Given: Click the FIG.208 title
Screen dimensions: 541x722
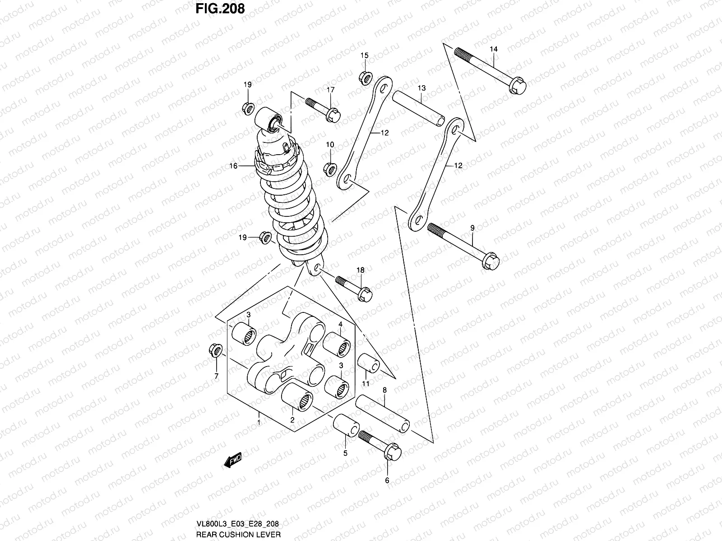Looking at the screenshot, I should click(x=220, y=8).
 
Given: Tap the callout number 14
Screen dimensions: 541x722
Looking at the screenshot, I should click(x=493, y=49).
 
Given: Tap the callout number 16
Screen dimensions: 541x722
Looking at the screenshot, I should click(x=233, y=166).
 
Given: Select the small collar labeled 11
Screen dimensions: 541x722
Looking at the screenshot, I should click(x=368, y=363).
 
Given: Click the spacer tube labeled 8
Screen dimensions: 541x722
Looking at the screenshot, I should click(x=382, y=414).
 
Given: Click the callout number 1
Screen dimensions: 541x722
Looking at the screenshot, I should click(x=259, y=422).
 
